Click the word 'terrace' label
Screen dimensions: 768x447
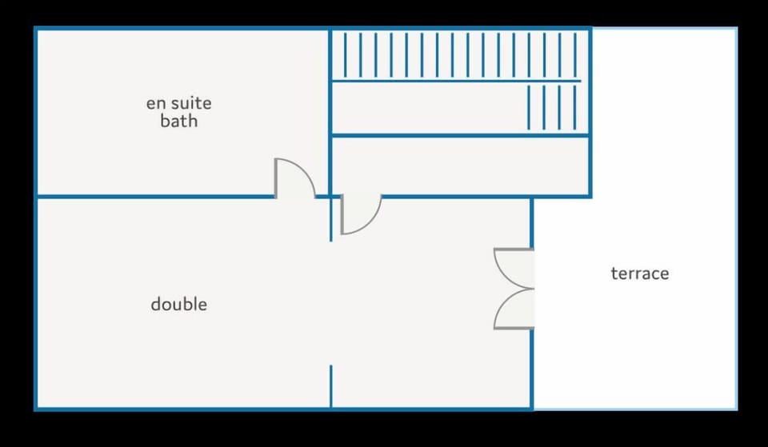(640, 273)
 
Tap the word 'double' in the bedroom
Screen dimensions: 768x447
(178, 304)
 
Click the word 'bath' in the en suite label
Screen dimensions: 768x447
(178, 121)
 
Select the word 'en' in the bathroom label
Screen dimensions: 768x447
(157, 103)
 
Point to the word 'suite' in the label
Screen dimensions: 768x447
(192, 103)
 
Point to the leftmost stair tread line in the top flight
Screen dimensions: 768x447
(346, 55)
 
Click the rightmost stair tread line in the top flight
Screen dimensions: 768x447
(575, 55)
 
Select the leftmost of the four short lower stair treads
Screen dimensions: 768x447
(529, 108)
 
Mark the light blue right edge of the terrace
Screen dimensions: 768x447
(736, 219)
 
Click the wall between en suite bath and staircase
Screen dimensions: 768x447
(330, 113)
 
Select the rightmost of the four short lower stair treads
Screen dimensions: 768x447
(575, 108)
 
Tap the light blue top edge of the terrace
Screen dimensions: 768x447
(665, 29)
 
